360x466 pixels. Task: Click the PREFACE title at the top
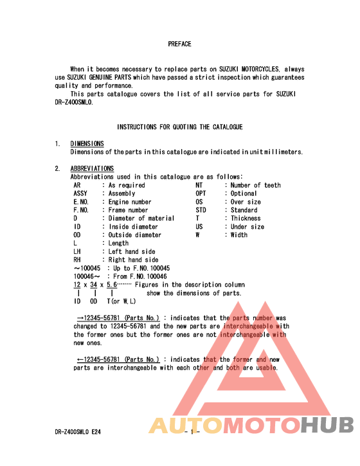point(179,44)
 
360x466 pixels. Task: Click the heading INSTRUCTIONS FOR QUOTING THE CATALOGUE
point(179,127)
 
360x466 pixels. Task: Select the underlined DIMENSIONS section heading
point(87,144)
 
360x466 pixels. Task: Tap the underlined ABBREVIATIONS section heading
point(92,169)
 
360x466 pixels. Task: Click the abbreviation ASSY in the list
point(80,193)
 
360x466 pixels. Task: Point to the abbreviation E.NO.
point(82,202)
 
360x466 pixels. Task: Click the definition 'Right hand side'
point(133,260)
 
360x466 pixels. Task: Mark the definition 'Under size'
point(248,227)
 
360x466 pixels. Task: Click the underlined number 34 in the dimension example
point(94,285)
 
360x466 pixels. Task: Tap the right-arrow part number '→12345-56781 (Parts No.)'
point(118,318)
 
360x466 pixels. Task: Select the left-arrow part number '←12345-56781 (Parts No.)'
point(118,360)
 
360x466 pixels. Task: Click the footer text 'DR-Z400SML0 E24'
point(76,433)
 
